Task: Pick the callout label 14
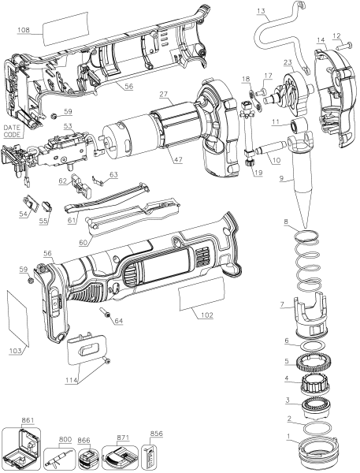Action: point(321,40)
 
